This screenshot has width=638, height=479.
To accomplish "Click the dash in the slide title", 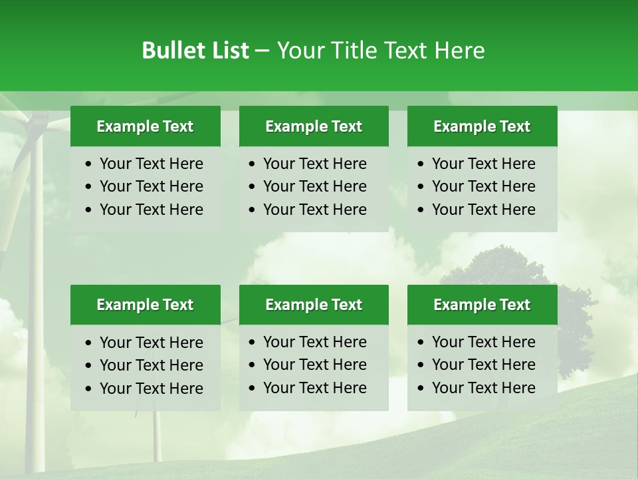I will pyautogui.click(x=263, y=51).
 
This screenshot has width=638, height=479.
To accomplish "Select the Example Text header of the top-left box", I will pyautogui.click(x=145, y=126).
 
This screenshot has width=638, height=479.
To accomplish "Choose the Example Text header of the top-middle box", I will pyautogui.click(x=314, y=126).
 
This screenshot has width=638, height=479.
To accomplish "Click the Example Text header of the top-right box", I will pyautogui.click(x=482, y=126).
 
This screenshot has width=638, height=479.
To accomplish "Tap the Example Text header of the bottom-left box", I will pyautogui.click(x=145, y=305).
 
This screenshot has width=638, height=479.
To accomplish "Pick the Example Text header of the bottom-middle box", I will pyautogui.click(x=314, y=305).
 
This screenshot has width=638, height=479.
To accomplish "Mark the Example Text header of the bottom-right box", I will pyautogui.click(x=482, y=305).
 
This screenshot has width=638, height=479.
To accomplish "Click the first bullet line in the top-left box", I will pyautogui.click(x=151, y=164).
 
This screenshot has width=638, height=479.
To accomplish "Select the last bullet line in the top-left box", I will pyautogui.click(x=151, y=210).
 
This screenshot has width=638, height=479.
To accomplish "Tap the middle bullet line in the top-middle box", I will pyautogui.click(x=314, y=186).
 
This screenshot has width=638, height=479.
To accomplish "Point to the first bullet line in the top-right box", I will pyautogui.click(x=483, y=164).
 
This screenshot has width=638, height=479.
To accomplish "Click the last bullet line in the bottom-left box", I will pyautogui.click(x=151, y=389).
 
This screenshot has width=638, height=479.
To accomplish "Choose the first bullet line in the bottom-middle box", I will pyautogui.click(x=314, y=342).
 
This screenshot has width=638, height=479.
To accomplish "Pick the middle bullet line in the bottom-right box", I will pyautogui.click(x=483, y=365).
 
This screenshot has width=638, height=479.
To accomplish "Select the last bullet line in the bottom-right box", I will pyautogui.click(x=483, y=388).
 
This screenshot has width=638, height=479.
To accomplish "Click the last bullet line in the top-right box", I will pyautogui.click(x=483, y=210).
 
